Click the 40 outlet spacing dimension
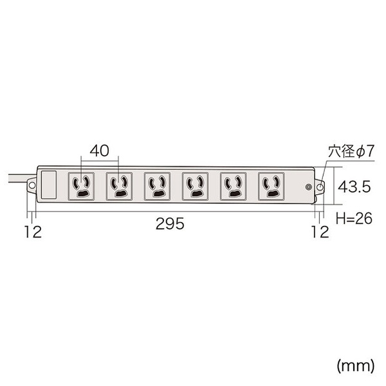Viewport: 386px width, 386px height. click(99, 151)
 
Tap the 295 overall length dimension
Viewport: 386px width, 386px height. click(170, 224)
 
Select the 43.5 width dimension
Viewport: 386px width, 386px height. click(354, 187)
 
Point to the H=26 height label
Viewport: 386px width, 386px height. click(354, 218)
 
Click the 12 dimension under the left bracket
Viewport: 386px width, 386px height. click(33, 232)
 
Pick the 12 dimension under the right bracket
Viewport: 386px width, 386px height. click(320, 232)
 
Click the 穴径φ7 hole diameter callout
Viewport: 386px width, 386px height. click(351, 151)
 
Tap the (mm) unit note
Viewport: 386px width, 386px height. click(356, 366)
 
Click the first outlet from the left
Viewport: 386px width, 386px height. click(81, 187)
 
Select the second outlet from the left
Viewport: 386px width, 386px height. click(119, 187)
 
